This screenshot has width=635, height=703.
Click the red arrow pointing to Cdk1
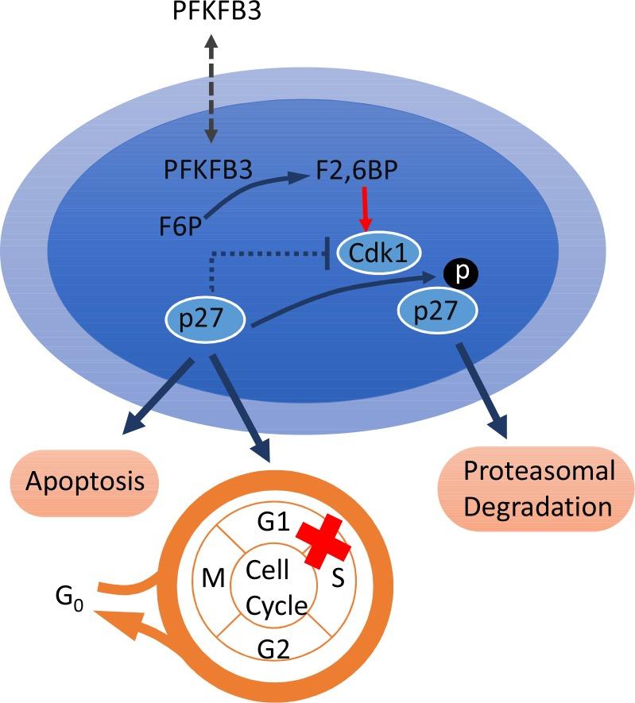[x=365, y=211]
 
